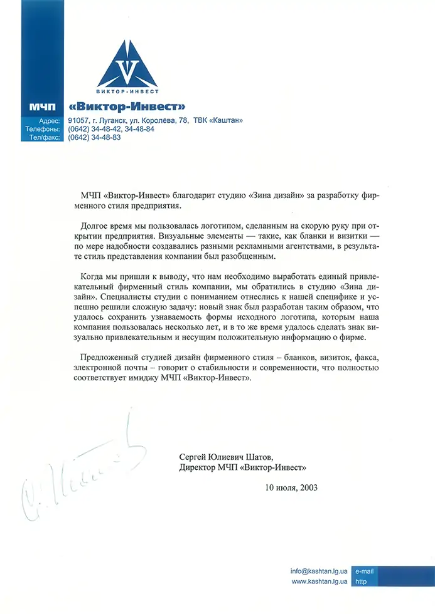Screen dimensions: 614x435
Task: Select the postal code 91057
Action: pyautogui.click(x=78, y=121)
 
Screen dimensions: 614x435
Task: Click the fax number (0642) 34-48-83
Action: pyautogui.click(x=94, y=137)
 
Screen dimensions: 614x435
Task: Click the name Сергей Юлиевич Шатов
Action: pyautogui.click(x=227, y=457)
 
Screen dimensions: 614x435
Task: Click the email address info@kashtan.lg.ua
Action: pyautogui.click(x=319, y=571)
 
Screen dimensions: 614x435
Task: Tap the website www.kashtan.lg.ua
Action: pyautogui.click(x=320, y=581)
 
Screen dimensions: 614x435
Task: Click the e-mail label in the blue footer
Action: pyautogui.click(x=365, y=571)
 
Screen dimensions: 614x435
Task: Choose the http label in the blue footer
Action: pyautogui.click(x=361, y=581)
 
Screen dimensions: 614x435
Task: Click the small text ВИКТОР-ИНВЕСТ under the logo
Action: pyautogui.click(x=127, y=92)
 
